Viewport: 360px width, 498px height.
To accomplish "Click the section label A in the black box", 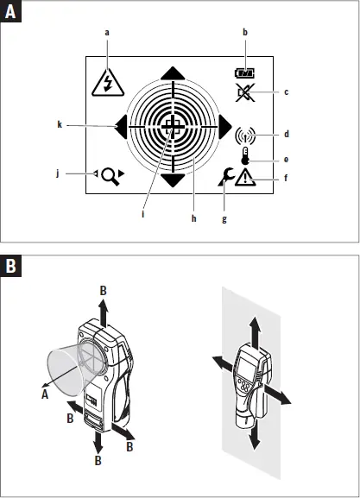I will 13,14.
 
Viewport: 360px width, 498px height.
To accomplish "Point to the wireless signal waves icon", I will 247,136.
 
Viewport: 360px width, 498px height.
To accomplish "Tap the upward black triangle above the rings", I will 174,73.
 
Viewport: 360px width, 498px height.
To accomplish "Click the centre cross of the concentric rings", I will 174,128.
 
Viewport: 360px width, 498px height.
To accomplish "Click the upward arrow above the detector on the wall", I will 255,327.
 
